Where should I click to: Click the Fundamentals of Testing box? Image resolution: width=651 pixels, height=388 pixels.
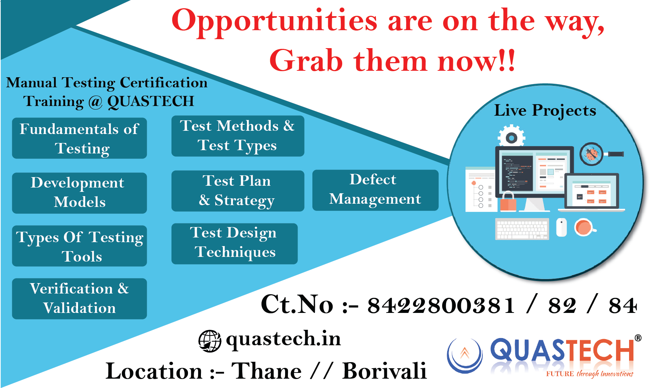79,138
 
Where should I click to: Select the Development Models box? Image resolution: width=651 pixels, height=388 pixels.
79,193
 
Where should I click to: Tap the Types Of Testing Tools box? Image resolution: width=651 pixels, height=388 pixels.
79,246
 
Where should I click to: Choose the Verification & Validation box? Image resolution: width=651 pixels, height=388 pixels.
79,299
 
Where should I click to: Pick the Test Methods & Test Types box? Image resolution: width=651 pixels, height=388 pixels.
238,136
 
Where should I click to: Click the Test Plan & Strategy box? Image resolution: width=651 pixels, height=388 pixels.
238,191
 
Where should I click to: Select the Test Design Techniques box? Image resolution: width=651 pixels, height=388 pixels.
234,244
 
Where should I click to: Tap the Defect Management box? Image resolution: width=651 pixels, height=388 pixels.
375,190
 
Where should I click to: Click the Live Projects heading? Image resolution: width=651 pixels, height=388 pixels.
545,111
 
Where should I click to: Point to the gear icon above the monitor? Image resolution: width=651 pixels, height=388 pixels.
512,136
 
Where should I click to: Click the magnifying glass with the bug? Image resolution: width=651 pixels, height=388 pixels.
601,154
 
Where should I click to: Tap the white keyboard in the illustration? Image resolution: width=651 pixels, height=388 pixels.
522,229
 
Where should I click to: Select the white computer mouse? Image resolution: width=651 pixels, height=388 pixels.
561,227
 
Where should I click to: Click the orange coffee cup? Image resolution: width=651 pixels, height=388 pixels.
584,227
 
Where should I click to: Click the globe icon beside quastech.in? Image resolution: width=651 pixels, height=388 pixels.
210,341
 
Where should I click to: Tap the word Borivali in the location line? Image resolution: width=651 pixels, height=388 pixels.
384,371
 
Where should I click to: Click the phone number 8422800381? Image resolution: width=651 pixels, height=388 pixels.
441,306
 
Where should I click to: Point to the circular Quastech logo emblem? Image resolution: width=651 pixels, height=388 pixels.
464,355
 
